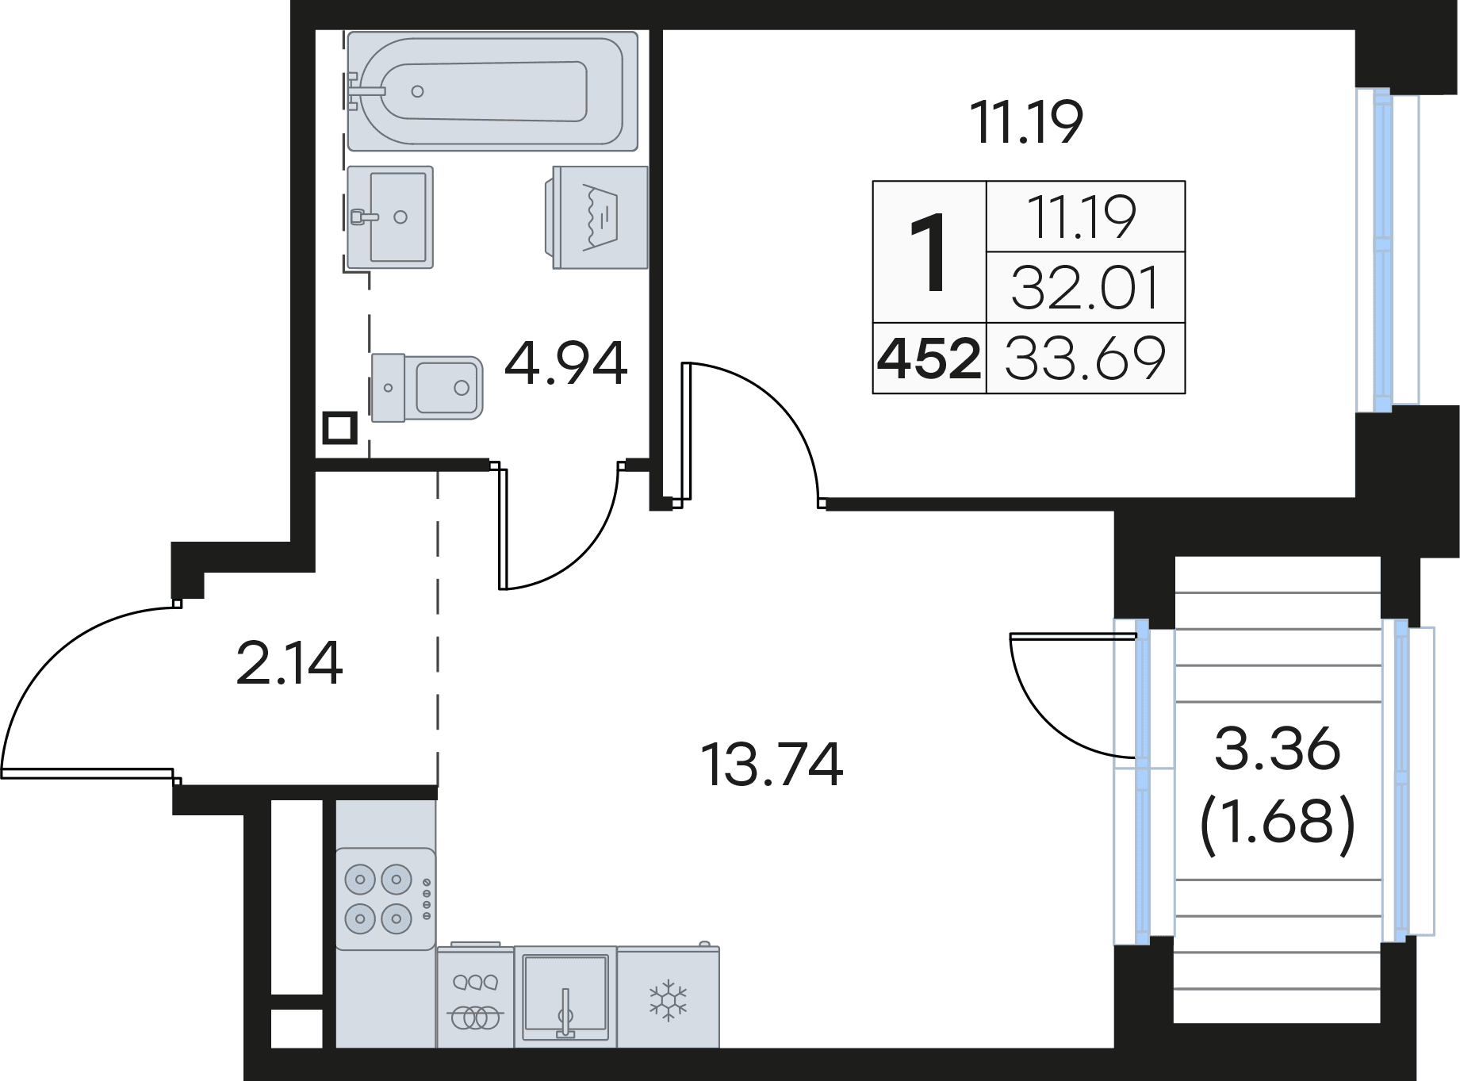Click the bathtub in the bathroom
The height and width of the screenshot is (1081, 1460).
pos(492,90)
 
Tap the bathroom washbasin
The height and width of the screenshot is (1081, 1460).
pos(390,216)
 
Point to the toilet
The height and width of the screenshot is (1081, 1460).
pos(427,388)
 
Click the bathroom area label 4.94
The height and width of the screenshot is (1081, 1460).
pos(565,364)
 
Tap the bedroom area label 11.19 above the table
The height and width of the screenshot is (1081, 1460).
pos(1026,124)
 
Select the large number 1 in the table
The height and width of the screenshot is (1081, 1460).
pos(929,253)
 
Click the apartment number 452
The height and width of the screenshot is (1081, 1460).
pos(929,359)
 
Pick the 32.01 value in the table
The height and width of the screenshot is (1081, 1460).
pos(1085,288)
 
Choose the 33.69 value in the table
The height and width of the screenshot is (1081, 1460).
pos(1085,358)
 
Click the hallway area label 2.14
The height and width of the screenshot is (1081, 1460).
pos(289,664)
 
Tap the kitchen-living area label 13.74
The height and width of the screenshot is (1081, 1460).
pos(772,765)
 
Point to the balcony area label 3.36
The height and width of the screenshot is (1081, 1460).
pos(1277,749)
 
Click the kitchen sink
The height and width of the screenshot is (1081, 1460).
pos(565,995)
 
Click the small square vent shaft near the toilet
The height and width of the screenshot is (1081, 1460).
pos(339,429)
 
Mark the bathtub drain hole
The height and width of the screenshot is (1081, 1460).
pos(418,91)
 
